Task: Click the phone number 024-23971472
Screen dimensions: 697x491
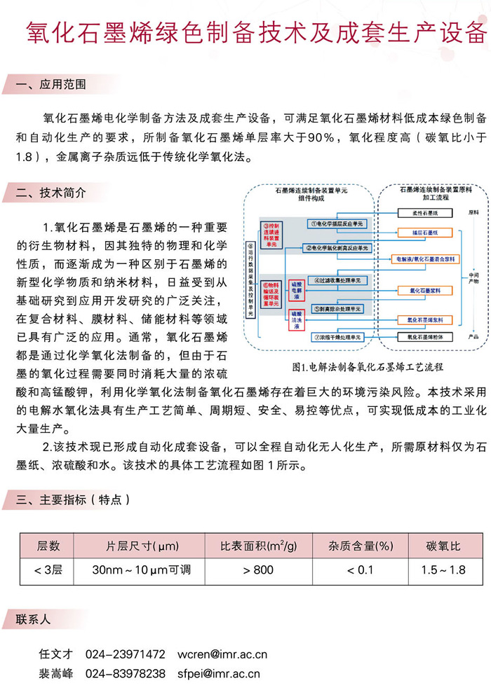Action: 126,654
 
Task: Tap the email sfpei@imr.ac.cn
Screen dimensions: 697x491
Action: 220,674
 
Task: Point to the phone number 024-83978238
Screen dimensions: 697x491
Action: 126,674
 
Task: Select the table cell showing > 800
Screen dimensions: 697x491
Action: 257,570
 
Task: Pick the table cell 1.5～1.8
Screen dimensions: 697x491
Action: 443,570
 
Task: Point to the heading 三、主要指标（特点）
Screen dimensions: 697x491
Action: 73,500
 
